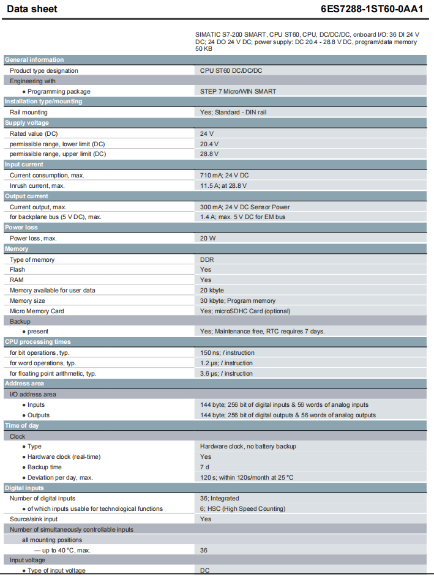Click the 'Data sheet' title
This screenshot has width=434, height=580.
pos(32,9)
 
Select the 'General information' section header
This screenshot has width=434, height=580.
pos(34,60)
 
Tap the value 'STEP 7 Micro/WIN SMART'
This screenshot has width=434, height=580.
pos(238,91)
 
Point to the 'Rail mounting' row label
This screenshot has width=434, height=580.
pos(28,113)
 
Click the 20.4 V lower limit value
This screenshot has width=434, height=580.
pos(209,144)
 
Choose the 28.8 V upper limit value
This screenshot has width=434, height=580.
pos(209,154)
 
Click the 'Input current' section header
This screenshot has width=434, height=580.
pos(24,165)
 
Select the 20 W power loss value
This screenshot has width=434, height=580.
pos(208,238)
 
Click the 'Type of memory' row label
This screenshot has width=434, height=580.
pos(32,259)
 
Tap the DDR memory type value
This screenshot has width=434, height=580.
pos(207,259)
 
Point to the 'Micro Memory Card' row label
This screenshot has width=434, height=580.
pos(37,311)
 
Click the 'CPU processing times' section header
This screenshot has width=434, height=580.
pos(37,342)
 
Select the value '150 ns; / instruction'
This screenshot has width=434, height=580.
pos(227,352)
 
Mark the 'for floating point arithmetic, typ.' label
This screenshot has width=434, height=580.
pos(53,373)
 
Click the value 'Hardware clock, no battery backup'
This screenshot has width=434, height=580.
pos(248,447)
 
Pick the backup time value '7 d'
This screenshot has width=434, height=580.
pos(205,467)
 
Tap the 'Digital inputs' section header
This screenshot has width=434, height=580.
pos(24,488)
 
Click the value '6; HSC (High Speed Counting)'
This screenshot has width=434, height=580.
pos(242,509)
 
